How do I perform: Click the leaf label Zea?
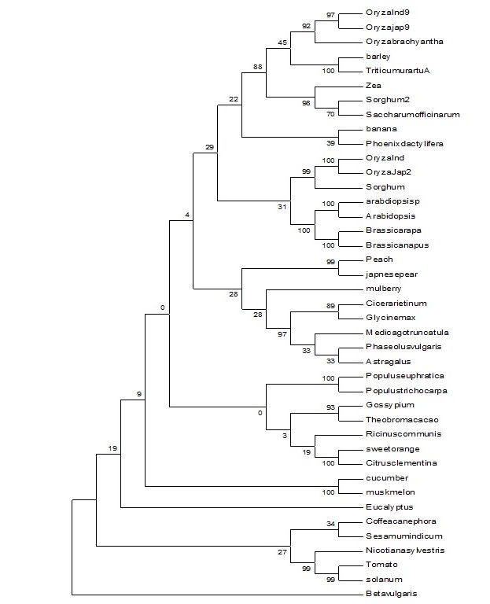pos(374,86)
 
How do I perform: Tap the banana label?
pos(381,129)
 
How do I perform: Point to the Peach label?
pos(379,260)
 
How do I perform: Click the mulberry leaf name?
pos(384,289)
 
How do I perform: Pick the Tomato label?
pos(381,565)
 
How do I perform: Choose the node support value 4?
pos(186,215)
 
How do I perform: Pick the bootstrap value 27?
pos(281,553)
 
